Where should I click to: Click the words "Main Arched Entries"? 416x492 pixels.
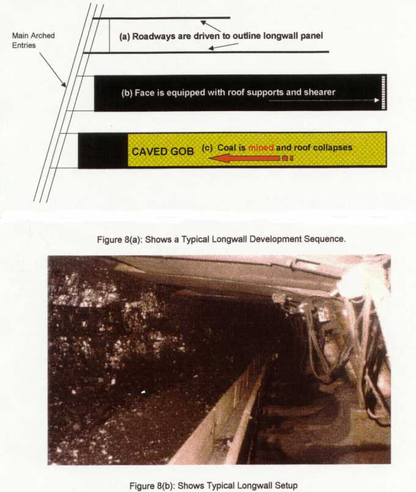pos(33,40)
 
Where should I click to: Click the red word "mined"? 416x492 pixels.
pos(261,148)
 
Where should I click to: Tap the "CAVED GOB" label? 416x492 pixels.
pos(162,151)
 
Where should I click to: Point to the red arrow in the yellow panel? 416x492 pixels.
pos(251,159)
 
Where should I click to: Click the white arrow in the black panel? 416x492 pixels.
pos(324,100)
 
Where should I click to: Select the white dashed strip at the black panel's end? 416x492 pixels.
pos(384,93)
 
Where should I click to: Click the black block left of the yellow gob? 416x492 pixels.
pos(103,151)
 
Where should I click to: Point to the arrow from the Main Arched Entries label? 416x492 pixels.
pos(53,70)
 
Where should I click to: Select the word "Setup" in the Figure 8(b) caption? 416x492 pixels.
pos(286,485)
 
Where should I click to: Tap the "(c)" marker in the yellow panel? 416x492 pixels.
pos(207,148)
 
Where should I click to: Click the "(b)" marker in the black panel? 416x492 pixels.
pos(127,93)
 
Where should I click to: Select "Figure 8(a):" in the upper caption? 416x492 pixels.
pos(118,239)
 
